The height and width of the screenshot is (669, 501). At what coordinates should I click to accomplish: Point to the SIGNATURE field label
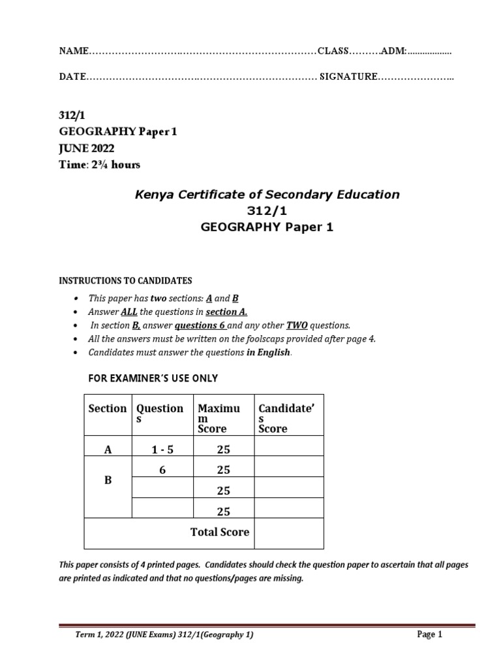(348, 77)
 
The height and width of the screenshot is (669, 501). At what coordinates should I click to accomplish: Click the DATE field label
(72, 77)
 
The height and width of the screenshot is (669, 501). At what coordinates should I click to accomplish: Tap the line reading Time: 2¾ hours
(100, 165)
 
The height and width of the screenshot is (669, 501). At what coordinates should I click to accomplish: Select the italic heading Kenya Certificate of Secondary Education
(266, 194)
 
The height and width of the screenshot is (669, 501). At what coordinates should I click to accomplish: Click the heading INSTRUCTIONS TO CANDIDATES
(126, 281)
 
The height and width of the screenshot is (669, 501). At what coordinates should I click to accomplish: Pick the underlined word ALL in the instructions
(129, 312)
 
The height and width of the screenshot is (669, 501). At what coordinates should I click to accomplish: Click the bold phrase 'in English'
(267, 353)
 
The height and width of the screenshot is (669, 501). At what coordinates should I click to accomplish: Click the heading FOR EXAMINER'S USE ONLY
(153, 378)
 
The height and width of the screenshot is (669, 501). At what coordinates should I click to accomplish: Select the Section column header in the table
(108, 409)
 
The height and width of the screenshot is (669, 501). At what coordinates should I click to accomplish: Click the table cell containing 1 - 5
(162, 449)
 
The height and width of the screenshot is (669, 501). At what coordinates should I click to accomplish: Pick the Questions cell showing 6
(162, 470)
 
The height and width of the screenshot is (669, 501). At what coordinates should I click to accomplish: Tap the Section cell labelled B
(108, 480)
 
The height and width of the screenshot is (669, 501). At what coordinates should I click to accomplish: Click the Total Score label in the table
(219, 532)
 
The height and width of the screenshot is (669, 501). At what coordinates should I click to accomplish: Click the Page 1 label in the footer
(429, 634)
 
